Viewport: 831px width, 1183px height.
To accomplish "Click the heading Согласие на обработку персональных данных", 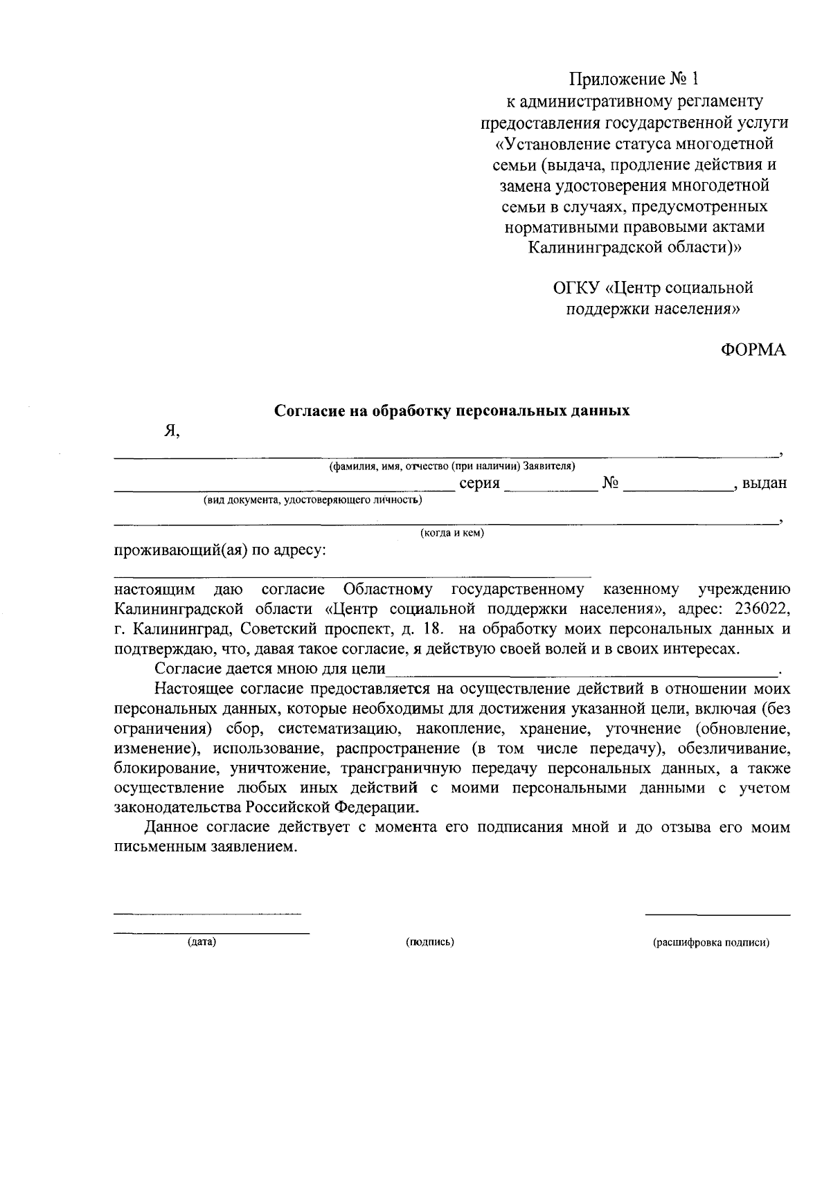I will point(452,410).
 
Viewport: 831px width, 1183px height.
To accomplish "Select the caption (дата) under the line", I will point(202,942).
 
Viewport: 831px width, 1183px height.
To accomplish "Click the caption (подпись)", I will point(429,942).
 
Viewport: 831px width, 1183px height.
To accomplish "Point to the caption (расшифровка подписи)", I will point(711,942).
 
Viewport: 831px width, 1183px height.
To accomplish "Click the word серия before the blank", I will point(479,483).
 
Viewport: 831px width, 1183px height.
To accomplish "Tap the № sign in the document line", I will point(610,483).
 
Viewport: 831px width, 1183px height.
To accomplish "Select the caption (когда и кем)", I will point(452,533).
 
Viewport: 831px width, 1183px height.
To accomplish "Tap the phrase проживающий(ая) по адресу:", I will point(220,552).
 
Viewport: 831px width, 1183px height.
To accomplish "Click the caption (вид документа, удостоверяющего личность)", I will point(312,500).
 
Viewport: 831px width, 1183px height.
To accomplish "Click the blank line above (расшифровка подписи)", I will point(717,914).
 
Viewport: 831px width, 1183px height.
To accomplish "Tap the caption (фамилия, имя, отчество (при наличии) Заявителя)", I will point(452,467).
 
